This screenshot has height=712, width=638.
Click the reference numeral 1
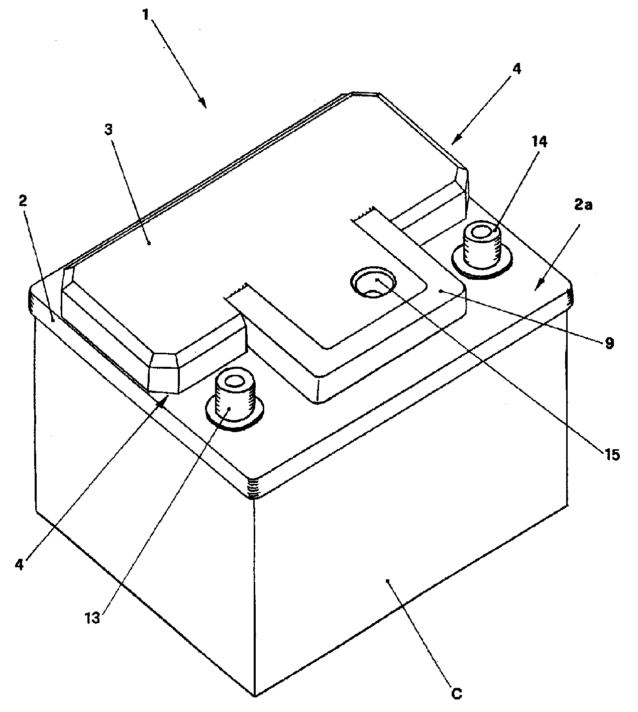[x=145, y=15]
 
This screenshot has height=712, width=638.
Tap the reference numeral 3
[x=109, y=130]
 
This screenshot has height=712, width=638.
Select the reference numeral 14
[x=539, y=142]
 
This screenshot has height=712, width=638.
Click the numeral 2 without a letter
[x=23, y=201]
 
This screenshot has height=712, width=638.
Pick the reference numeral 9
[x=609, y=343]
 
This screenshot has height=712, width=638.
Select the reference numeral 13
[x=92, y=618]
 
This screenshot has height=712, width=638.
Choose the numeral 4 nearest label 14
[x=516, y=69]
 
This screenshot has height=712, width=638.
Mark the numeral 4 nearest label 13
[x=19, y=565]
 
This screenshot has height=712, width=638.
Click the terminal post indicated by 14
[x=481, y=250]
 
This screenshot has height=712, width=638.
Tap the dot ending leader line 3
[x=149, y=243]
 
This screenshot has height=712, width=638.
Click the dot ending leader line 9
[x=441, y=291]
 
